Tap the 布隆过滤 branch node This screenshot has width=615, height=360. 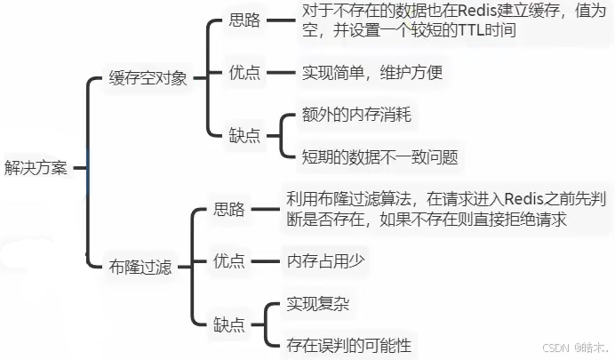click(140, 266)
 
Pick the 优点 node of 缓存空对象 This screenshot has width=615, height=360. click(245, 73)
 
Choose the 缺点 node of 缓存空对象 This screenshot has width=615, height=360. click(245, 136)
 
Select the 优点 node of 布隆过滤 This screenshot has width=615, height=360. click(229, 260)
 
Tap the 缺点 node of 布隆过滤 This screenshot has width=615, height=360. click(229, 324)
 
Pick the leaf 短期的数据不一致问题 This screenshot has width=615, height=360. click(368, 158)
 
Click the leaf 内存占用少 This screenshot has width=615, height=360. click(323, 260)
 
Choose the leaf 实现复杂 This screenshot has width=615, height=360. click(317, 304)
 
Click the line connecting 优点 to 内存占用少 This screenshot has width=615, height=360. click(264, 260)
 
